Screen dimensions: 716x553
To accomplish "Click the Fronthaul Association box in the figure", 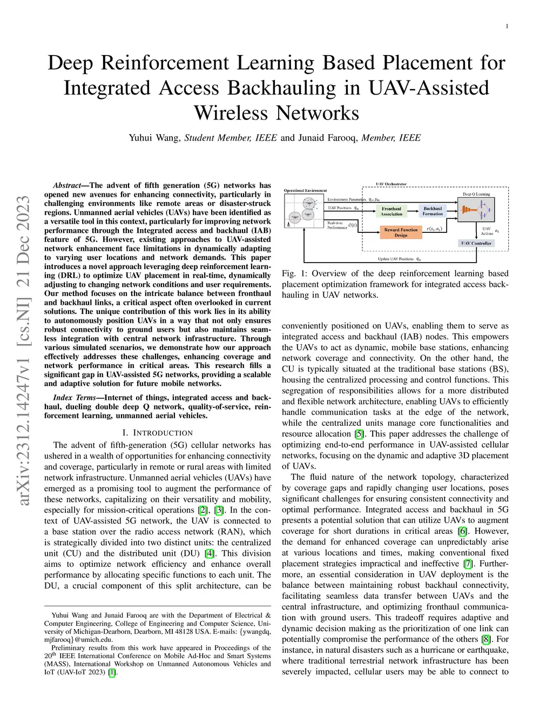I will tap(392, 211).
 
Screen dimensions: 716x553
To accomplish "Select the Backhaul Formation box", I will tap(433, 211).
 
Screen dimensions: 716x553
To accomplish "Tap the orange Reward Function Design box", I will tap(401, 232).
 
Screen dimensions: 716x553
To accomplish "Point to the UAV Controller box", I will tap(476, 243).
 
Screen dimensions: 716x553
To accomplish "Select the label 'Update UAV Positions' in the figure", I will tap(395, 259).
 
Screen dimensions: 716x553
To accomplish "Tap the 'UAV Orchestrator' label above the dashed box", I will tap(391, 184).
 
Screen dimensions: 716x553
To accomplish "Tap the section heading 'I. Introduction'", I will tap(157, 433).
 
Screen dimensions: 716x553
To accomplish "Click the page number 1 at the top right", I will tap(507, 26).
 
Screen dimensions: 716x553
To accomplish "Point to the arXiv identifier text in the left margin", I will tap(23, 351).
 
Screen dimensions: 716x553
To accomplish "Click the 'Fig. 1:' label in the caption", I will tap(295, 273).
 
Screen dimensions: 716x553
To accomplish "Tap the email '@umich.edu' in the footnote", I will tap(93, 639).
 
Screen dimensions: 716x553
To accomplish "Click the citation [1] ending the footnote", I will tap(112, 672).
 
